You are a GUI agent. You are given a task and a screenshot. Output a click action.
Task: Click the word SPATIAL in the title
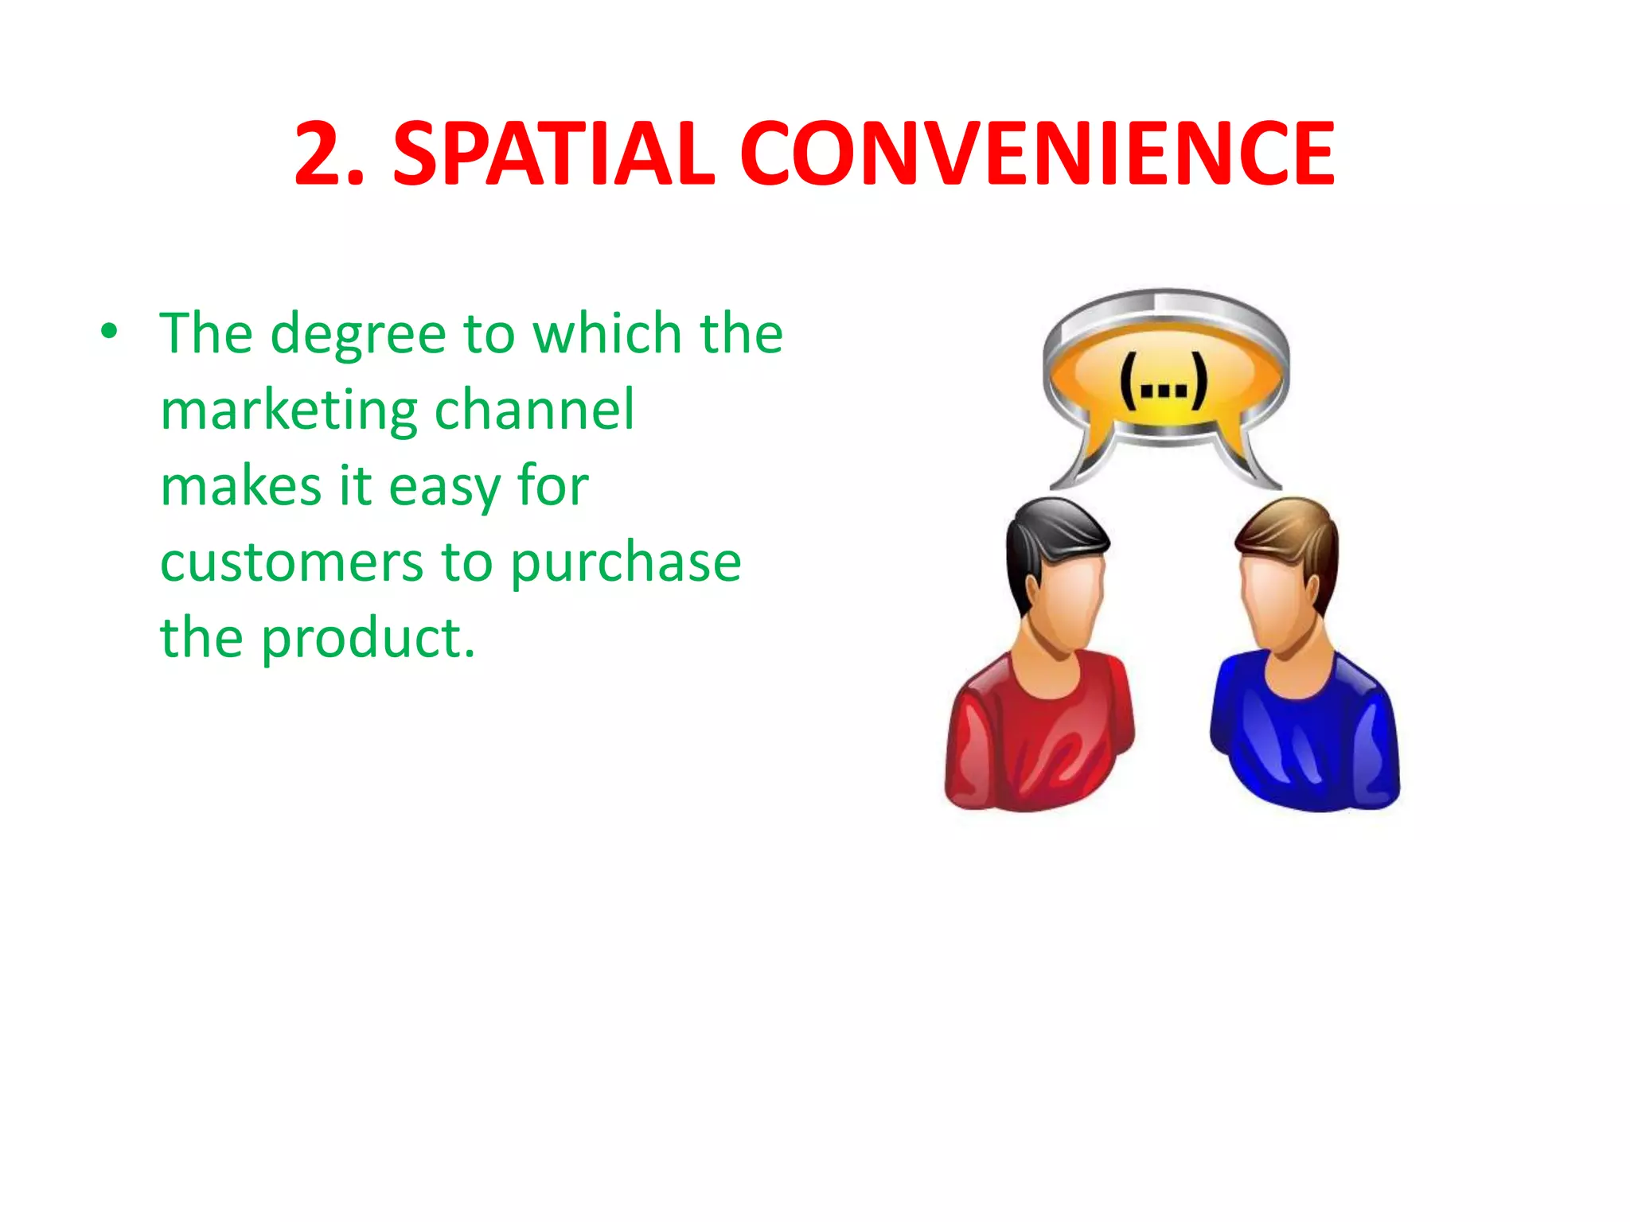coord(554,154)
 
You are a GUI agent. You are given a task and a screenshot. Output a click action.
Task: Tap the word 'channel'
coord(534,409)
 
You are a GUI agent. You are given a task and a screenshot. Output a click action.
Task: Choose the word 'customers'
coord(291,562)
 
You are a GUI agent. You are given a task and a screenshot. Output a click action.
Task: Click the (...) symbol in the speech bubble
coord(1164,383)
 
